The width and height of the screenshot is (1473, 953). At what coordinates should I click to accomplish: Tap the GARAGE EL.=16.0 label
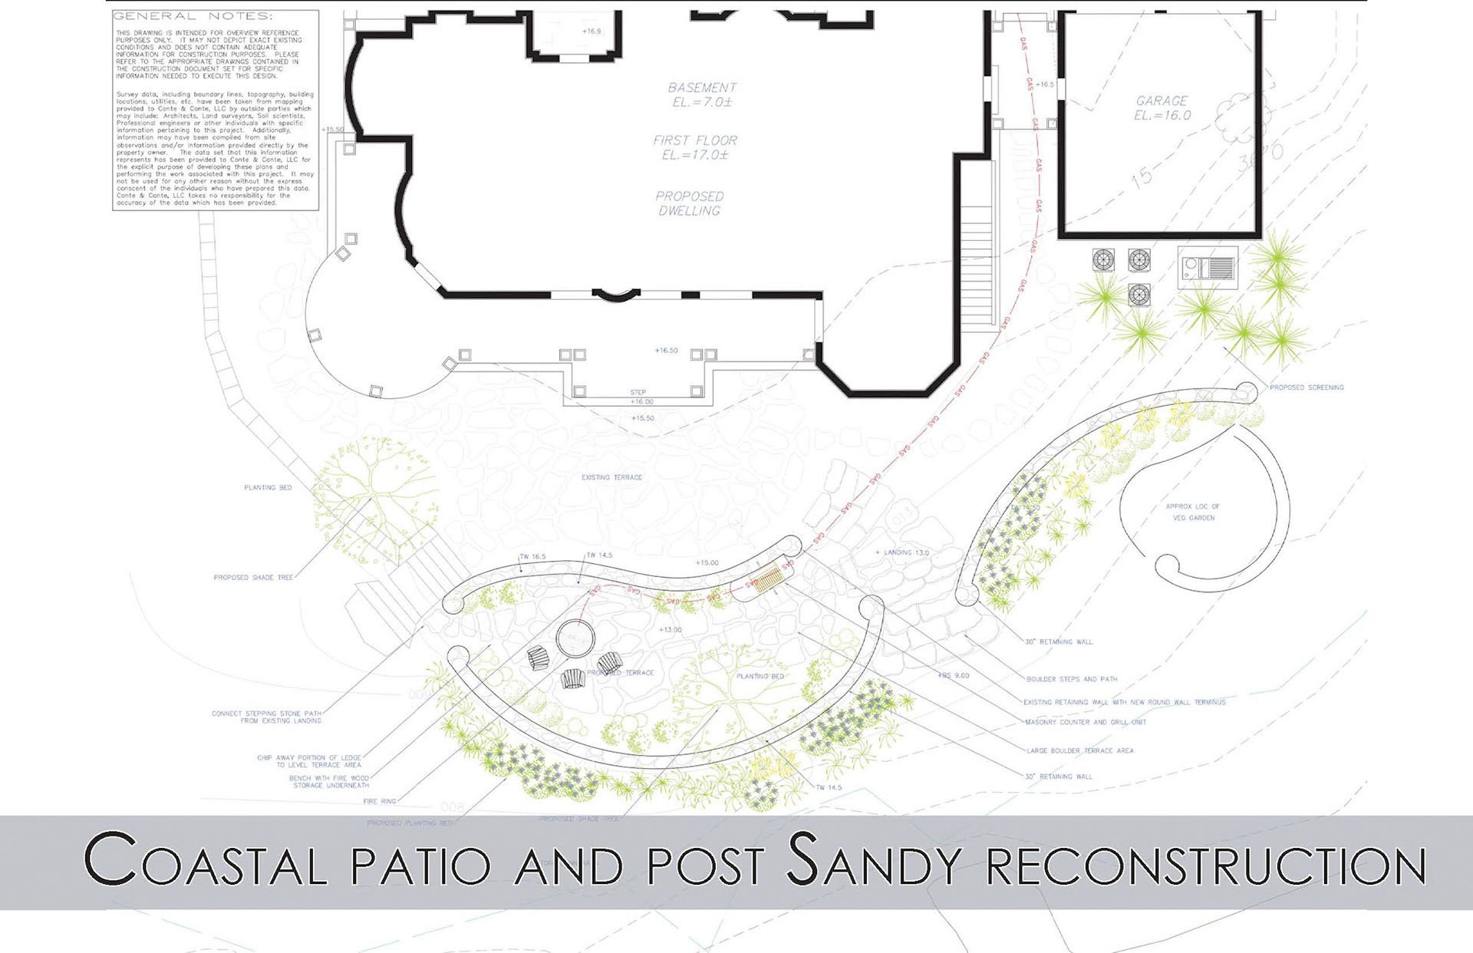(1162, 108)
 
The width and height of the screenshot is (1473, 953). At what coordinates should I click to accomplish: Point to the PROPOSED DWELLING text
(689, 203)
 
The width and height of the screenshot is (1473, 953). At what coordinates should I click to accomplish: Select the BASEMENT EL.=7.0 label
(701, 94)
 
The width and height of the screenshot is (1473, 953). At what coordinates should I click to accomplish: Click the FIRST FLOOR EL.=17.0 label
(695, 147)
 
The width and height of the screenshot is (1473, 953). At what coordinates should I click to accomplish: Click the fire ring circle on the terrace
(575, 638)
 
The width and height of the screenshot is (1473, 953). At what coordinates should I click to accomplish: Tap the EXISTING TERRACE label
(611, 477)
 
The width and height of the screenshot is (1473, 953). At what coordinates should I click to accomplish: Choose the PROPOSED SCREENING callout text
(1307, 387)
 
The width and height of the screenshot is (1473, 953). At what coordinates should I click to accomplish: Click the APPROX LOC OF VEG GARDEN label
(1193, 512)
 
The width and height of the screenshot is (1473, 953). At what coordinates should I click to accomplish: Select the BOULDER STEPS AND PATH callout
(1072, 679)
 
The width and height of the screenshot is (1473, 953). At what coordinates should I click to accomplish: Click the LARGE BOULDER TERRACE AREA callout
(1079, 750)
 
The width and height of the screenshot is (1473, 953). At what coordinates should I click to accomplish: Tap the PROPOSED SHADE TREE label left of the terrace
(253, 578)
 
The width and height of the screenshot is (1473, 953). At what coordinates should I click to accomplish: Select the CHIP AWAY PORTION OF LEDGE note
(308, 761)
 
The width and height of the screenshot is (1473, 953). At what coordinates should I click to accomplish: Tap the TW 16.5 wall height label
(532, 557)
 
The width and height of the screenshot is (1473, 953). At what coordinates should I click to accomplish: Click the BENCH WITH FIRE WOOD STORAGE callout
(329, 782)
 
